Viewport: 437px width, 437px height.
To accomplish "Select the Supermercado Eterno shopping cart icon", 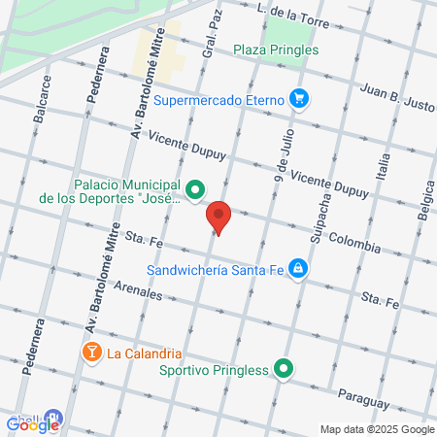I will [298, 98].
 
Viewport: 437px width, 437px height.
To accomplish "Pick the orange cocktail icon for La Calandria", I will [91, 352].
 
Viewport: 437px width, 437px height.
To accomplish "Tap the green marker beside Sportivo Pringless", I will [283, 368].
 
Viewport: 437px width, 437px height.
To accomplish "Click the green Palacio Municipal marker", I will [195, 189].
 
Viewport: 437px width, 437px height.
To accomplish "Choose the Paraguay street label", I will [364, 397].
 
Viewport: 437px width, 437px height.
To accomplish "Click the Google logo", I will [33, 422].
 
